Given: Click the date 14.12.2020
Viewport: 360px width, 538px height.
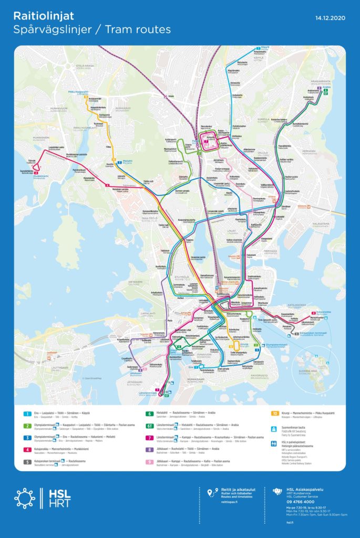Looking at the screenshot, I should click(x=330, y=18).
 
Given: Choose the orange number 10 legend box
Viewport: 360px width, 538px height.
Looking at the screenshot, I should click(x=274, y=414).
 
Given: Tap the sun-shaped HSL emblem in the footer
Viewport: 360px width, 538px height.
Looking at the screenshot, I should click(x=25, y=498).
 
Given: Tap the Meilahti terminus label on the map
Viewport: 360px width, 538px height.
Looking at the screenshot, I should click(x=129, y=162).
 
